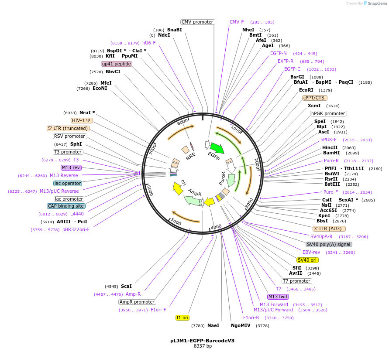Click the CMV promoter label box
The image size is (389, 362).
tap(197, 22)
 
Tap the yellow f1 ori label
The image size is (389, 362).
tap(182, 318)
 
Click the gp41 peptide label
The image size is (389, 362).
tap(117, 64)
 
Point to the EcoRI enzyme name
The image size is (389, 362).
tap(306, 90)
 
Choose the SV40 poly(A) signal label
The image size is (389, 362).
tap(329, 244)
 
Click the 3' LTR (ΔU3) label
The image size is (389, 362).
tap(329, 228)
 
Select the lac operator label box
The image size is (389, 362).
tap(68, 183)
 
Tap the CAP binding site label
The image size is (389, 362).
tap(66, 206)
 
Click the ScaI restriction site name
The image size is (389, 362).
tap(126, 286)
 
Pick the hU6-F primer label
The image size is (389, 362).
tap(149, 43)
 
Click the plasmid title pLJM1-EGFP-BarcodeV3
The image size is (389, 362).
tap(202, 341)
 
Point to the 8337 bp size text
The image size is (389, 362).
tap(203, 346)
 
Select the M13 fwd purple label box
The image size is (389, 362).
tap(278, 297)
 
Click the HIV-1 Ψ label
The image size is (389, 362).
tap(82, 120)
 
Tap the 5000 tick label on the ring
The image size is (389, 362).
tap(176, 222)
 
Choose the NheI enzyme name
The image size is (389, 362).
tap(248, 30)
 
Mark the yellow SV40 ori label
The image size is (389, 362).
tap(307, 260)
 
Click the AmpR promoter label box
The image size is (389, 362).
tap(137, 302)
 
